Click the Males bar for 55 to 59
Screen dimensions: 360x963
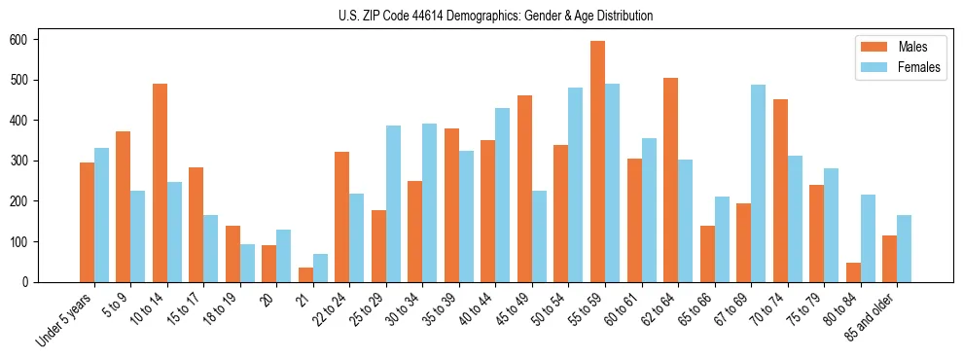597,162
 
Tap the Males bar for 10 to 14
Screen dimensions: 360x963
160,183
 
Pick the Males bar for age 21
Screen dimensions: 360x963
305,274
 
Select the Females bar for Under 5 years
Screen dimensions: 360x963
101,215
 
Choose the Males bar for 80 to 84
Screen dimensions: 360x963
853,272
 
